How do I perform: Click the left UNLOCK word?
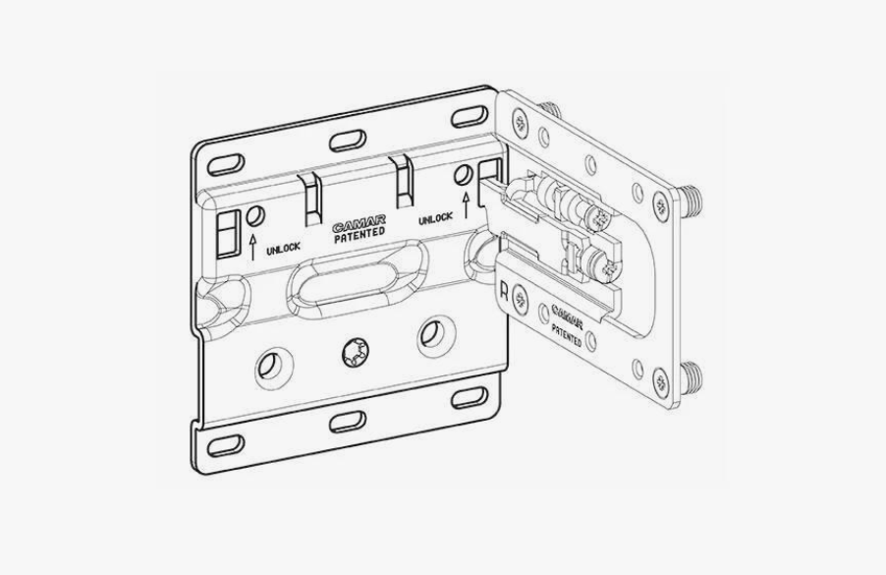click(283, 248)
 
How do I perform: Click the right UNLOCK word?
click(435, 219)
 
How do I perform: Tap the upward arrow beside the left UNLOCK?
click(252, 247)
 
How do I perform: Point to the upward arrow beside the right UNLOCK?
click(466, 205)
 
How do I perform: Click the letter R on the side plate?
click(504, 292)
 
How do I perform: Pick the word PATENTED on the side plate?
click(567, 335)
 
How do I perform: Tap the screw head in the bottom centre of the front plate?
click(355, 353)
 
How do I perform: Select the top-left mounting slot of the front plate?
click(226, 164)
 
